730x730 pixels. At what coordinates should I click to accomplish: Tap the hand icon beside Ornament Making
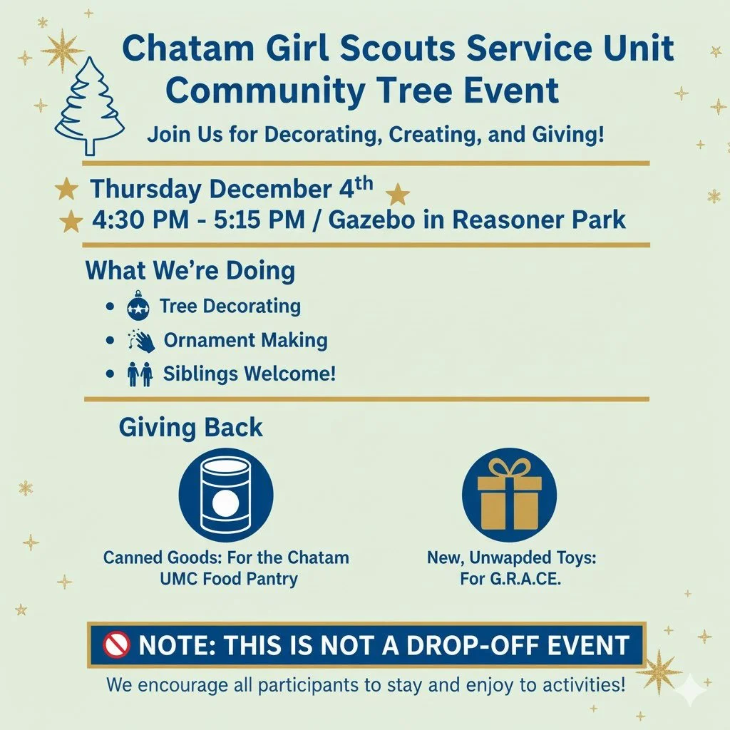(x=143, y=341)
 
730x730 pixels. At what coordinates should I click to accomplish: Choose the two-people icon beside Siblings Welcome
(x=140, y=374)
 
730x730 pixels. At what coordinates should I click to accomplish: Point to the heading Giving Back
(x=190, y=428)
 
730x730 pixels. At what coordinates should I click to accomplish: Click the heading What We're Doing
(x=190, y=271)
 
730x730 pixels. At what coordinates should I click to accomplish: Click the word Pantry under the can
(x=270, y=578)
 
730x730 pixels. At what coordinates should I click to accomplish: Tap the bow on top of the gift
(x=509, y=468)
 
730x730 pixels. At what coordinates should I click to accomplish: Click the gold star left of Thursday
(x=66, y=190)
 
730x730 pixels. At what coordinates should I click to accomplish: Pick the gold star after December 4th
(x=397, y=195)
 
